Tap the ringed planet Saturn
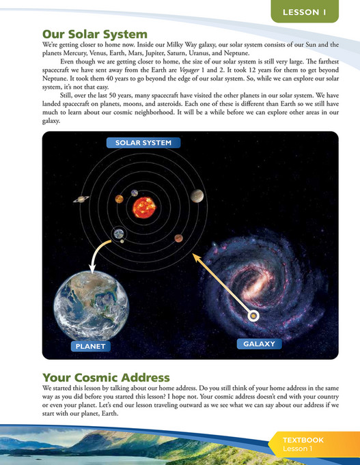(x=82, y=199)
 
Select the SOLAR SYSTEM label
(x=143, y=143)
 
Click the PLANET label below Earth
(x=91, y=346)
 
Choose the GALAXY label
(x=259, y=343)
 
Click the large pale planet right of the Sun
(x=197, y=196)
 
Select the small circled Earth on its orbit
(x=119, y=234)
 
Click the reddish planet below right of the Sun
(x=178, y=238)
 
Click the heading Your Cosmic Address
(x=107, y=378)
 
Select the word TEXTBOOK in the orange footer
(x=305, y=440)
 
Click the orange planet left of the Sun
(x=119, y=199)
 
